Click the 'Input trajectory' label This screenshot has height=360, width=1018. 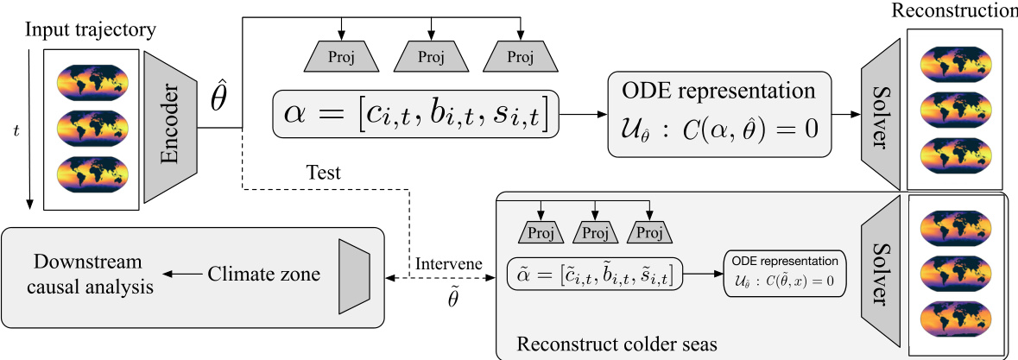click(x=90, y=29)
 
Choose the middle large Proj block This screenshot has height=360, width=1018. click(x=429, y=58)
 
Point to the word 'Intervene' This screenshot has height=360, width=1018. click(x=447, y=262)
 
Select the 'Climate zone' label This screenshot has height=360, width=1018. click(x=263, y=275)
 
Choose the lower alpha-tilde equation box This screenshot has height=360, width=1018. click(x=595, y=275)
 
